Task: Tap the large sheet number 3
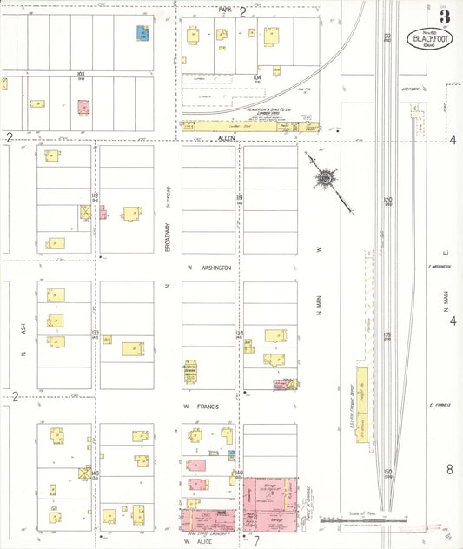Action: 444,17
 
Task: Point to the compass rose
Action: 324,179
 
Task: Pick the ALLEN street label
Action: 228,137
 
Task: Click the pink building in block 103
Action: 83,107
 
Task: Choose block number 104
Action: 257,77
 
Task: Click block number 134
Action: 239,333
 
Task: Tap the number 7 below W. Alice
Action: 256,540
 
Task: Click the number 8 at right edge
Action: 450,470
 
